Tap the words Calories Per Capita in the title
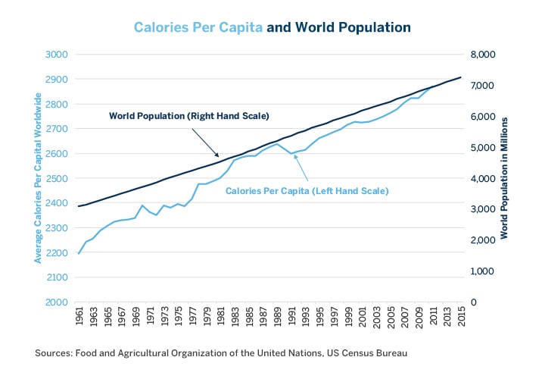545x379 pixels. pyautogui.click(x=198, y=27)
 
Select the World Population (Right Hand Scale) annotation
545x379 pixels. pyautogui.click(x=189, y=116)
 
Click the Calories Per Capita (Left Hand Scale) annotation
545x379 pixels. pyautogui.click(x=307, y=191)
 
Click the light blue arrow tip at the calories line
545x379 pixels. pyautogui.click(x=294, y=155)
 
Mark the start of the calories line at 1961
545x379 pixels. pyautogui.click(x=79, y=253)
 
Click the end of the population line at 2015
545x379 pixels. pyautogui.click(x=460, y=77)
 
